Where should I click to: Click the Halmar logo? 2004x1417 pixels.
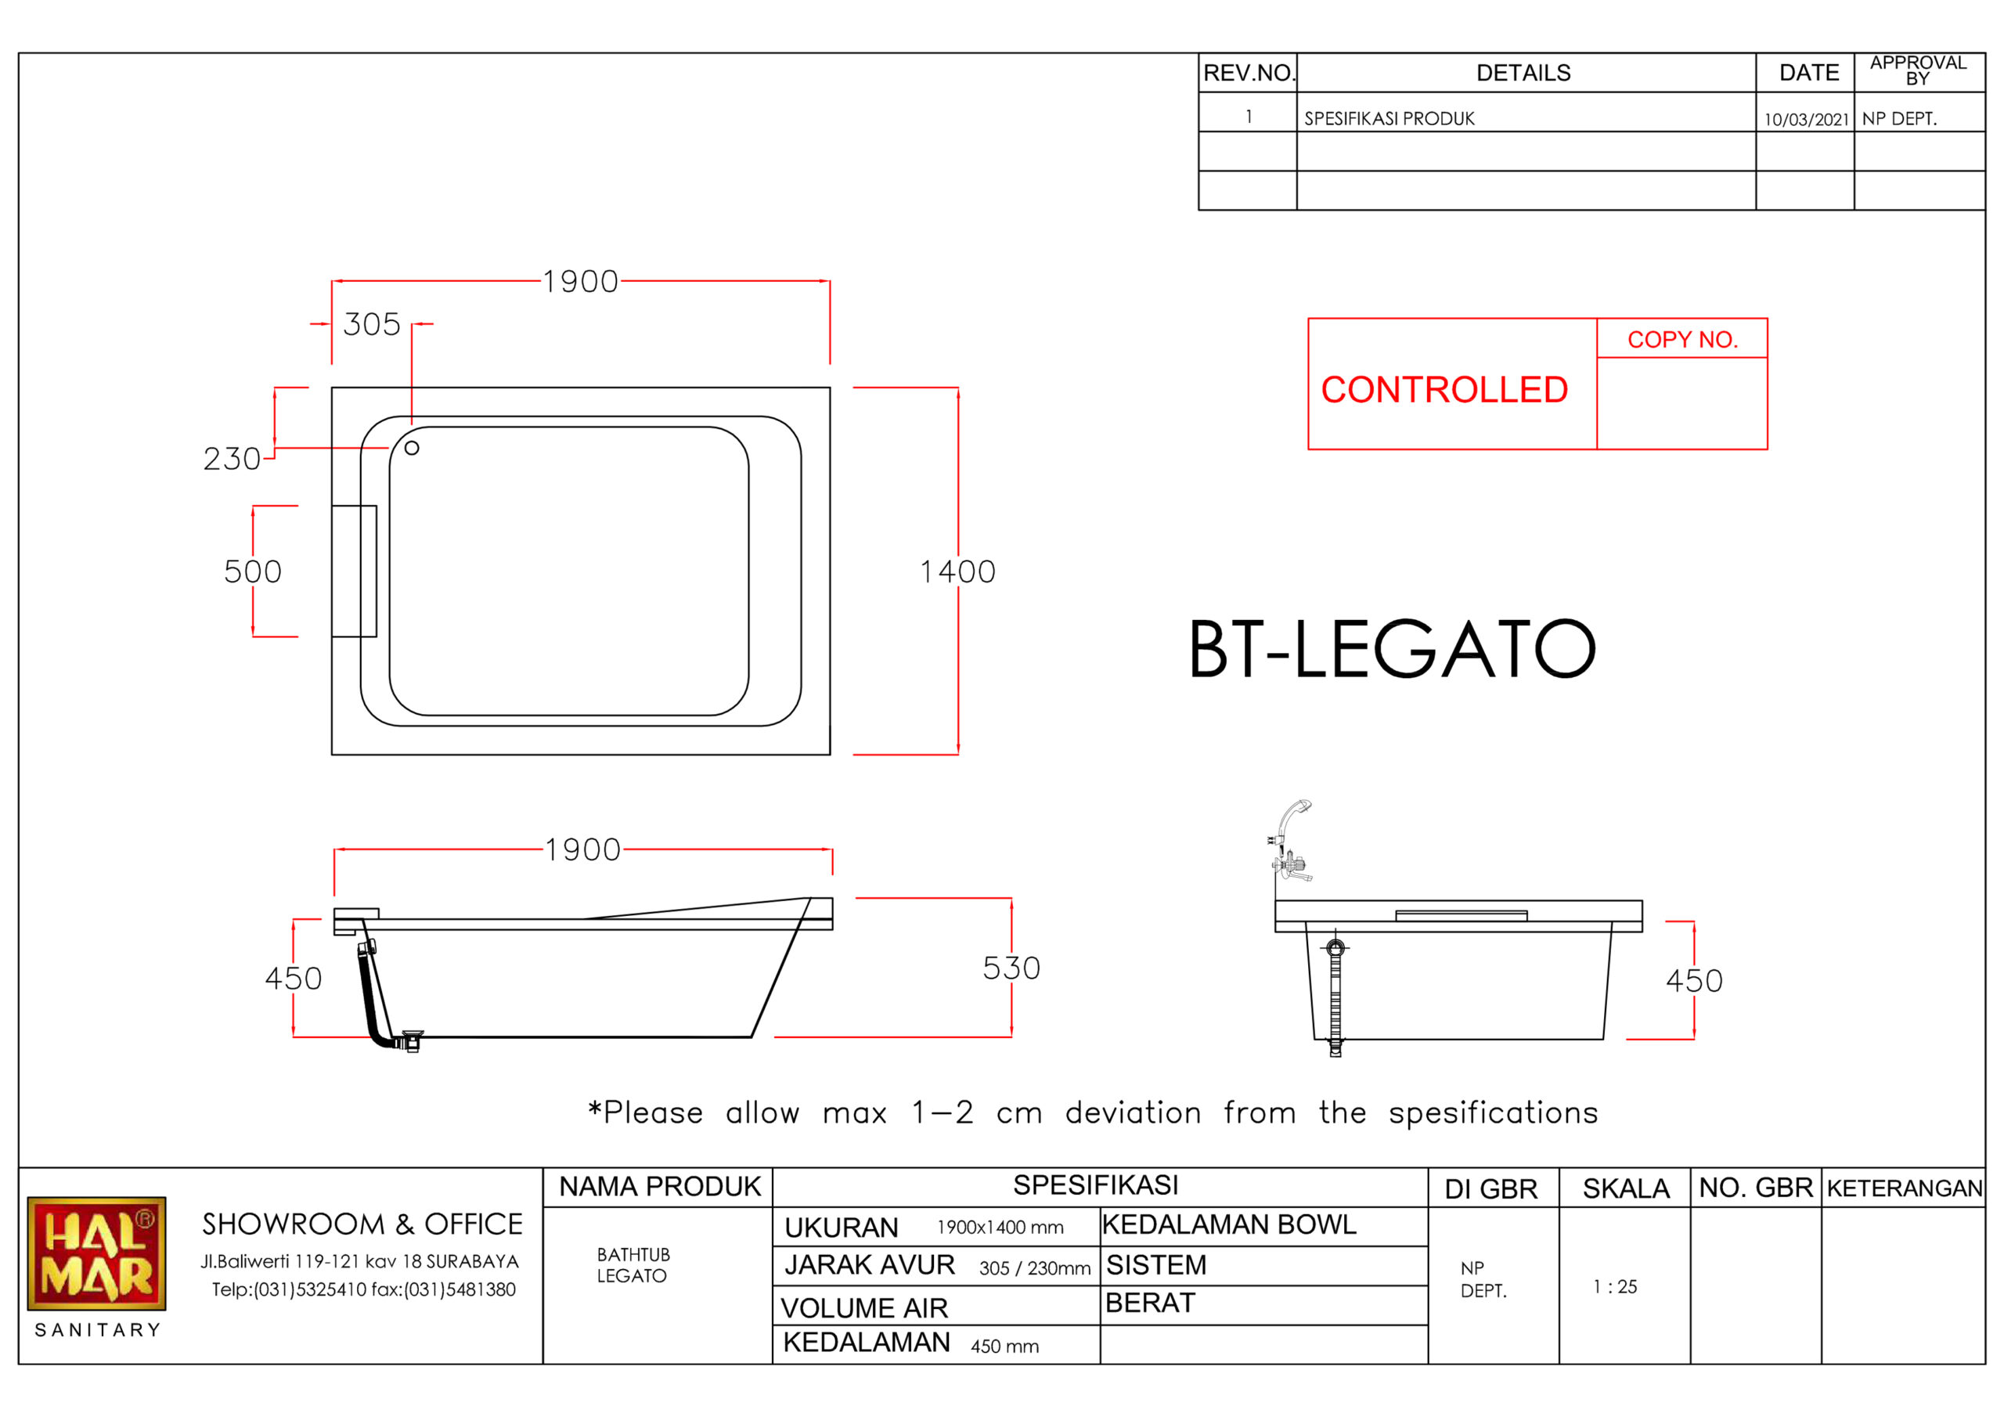pos(97,1253)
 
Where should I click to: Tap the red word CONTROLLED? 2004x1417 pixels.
pos(1444,389)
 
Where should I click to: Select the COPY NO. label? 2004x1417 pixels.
pos(1683,340)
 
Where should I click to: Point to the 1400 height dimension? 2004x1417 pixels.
pos(957,571)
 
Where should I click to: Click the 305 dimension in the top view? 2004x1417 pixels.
pos(372,325)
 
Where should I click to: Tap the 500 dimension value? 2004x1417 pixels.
pos(253,571)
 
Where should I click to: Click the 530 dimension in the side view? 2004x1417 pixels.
pos(1011,968)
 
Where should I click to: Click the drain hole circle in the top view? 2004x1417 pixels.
pos(412,448)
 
